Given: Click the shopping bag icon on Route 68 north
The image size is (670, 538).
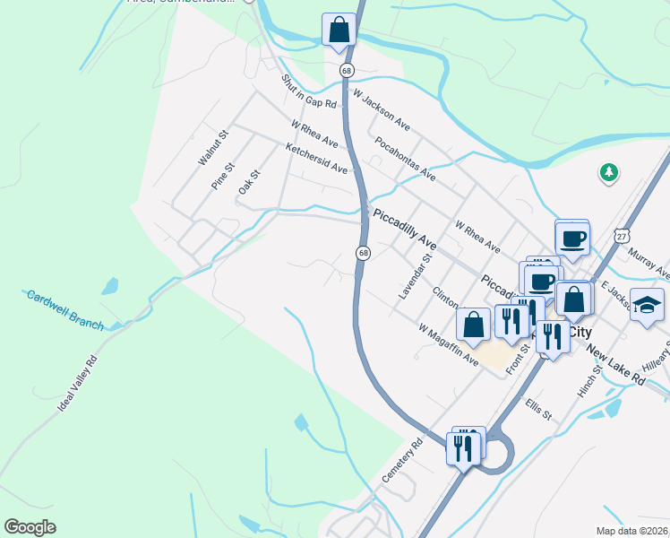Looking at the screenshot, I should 339,29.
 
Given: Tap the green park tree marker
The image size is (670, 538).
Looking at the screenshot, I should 609,171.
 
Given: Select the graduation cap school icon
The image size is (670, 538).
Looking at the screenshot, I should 647,306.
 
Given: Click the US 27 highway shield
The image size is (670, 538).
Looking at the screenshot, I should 623,235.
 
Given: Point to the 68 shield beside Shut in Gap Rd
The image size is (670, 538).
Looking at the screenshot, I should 347,70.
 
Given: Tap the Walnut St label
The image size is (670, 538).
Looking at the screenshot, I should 214,148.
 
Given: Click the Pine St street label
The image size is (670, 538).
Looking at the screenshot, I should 222,176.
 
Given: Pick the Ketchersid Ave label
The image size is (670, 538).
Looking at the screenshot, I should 315,156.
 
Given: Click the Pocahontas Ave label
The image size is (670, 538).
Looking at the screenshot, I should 405,158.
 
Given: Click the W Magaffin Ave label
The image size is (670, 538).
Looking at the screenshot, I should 449,344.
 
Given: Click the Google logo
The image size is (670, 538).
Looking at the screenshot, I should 30,527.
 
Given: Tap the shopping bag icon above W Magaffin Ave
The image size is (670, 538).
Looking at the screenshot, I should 473,324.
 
